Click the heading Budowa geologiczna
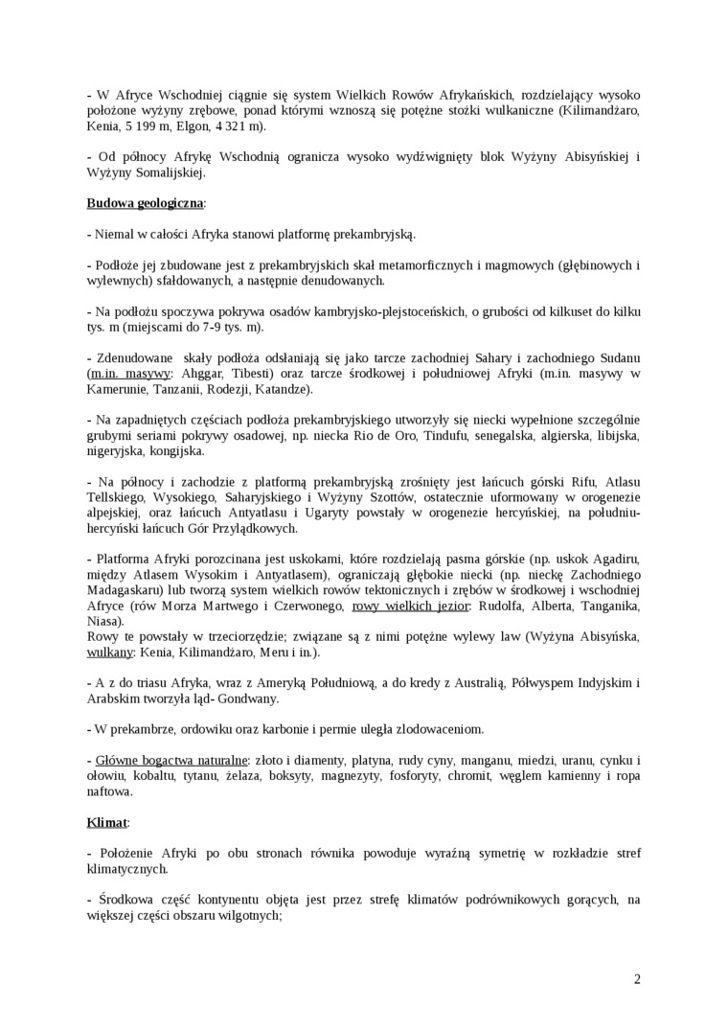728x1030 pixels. click(x=145, y=203)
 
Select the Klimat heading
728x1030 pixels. click(x=106, y=822)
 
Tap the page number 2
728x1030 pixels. click(x=637, y=978)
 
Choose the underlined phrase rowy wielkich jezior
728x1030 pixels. click(x=411, y=606)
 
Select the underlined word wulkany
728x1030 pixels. click(x=110, y=652)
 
